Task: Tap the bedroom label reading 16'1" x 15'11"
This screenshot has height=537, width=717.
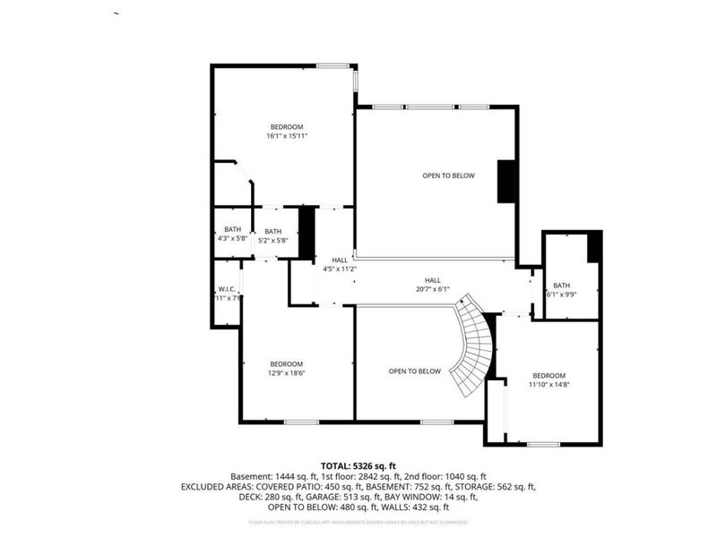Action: tap(286, 132)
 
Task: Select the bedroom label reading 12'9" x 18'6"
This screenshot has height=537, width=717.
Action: tap(286, 369)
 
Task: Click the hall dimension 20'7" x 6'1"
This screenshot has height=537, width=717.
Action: tap(433, 285)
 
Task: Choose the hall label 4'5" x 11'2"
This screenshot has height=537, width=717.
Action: tap(340, 264)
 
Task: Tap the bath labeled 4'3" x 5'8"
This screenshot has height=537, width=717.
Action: tap(232, 234)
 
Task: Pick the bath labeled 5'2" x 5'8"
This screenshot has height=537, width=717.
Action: tap(272, 234)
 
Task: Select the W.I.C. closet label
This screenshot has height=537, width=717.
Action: tap(227, 293)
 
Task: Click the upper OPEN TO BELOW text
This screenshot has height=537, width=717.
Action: tap(448, 175)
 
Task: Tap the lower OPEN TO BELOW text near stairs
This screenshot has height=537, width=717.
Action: tap(414, 371)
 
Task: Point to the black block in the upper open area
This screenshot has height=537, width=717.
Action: tap(506, 182)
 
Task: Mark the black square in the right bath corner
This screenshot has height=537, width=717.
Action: tap(593, 247)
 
